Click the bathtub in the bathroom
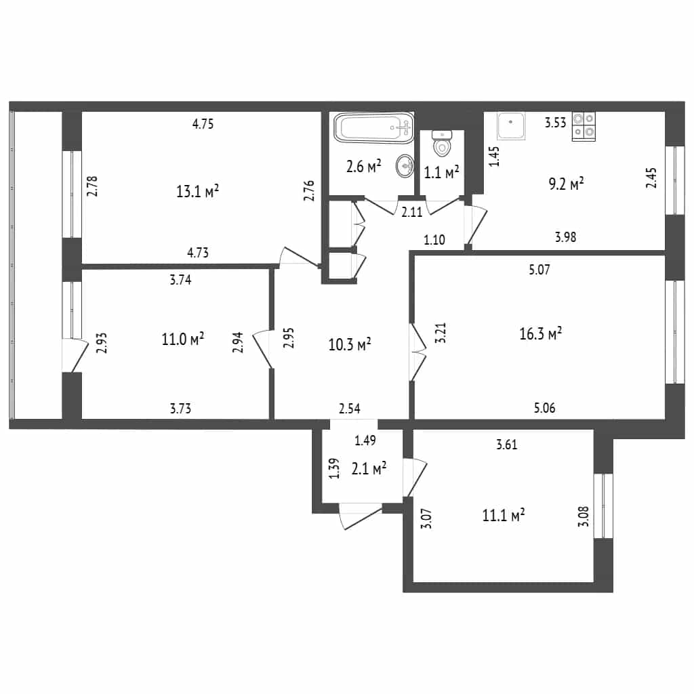[x=373, y=128]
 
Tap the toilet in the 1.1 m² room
[x=441, y=144]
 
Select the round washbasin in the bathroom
[x=405, y=166]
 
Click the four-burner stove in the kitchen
[x=584, y=126]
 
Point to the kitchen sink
[x=511, y=125]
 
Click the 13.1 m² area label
[x=197, y=191]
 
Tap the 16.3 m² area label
[x=540, y=333]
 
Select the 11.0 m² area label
[x=183, y=339]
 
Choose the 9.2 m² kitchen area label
[x=566, y=184]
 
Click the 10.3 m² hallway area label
[x=350, y=344]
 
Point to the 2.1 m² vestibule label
[x=369, y=468]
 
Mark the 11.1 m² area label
[x=504, y=515]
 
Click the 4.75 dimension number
[x=203, y=123]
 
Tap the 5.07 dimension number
[x=539, y=269]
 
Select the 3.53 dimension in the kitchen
[x=555, y=122]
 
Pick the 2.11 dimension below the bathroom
[x=411, y=212]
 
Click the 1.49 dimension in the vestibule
[x=365, y=440]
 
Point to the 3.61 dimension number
[x=506, y=444]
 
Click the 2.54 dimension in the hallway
[x=349, y=408]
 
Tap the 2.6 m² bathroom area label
[x=363, y=167]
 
